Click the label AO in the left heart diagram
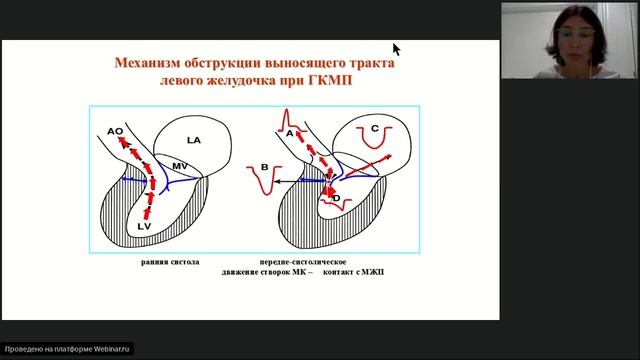point(115,131)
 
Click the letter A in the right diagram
point(289,131)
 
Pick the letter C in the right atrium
point(374,128)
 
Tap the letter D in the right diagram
point(336,198)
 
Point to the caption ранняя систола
point(170,262)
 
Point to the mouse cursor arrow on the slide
point(396,48)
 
